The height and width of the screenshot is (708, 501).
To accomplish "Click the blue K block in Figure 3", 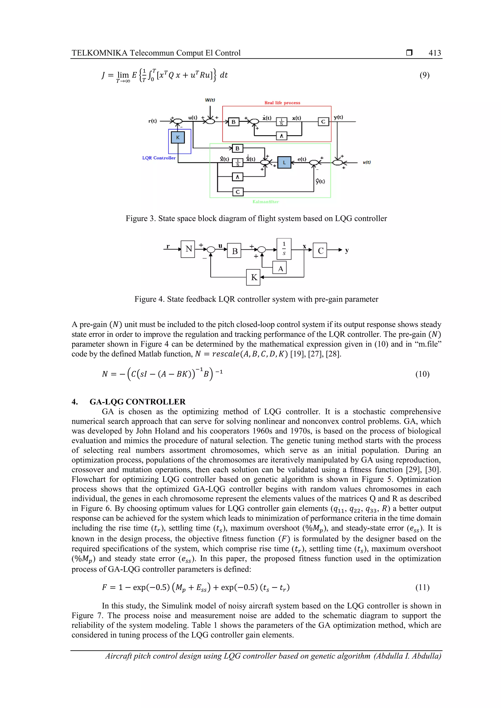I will point(178,138).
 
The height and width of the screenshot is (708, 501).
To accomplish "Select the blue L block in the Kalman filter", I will point(284,163).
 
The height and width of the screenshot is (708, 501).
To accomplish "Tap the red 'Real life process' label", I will point(282,103).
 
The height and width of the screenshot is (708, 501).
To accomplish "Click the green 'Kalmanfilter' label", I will point(265,202).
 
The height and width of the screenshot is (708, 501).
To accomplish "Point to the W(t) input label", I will point(210,100).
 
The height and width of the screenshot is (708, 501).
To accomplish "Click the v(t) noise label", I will point(366,162).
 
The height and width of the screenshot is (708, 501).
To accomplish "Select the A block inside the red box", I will point(281,136).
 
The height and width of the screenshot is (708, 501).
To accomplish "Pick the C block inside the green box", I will point(237,192).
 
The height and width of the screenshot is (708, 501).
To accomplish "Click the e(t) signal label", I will point(302,159).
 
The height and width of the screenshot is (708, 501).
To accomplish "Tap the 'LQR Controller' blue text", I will point(159,158).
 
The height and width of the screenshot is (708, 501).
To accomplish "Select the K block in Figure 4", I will point(253,277).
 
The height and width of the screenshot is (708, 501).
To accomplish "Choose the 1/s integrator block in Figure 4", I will point(284,249).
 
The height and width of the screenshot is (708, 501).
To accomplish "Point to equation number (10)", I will point(422,374).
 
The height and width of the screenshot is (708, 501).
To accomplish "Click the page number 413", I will point(435,53).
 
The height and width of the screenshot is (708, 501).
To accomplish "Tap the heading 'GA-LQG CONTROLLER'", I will point(137,402).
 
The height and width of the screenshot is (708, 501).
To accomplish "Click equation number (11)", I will point(422,588).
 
